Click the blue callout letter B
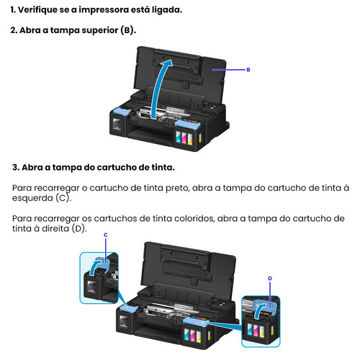point(248,70)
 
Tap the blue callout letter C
point(106,235)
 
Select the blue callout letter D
point(270,279)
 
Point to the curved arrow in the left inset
point(94,266)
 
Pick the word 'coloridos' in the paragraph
point(194,219)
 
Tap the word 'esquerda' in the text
point(32,198)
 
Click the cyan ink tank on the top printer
point(178,137)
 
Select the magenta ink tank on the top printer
point(184,138)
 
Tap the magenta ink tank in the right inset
point(256,330)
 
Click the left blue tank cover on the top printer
point(122,112)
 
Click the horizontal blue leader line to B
point(229,70)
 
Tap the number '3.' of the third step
point(16,167)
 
